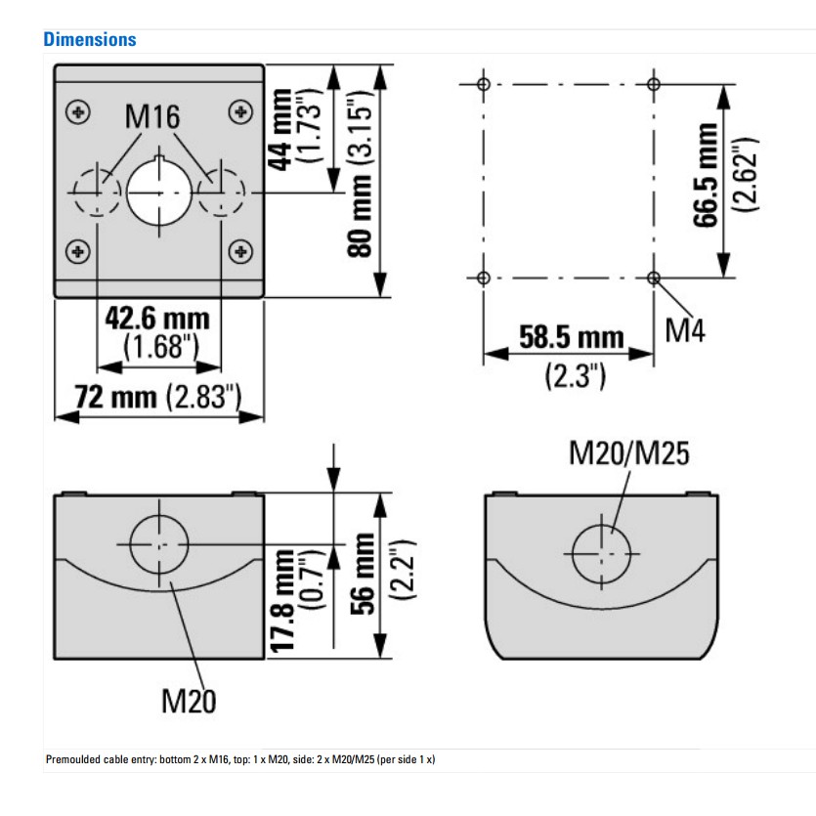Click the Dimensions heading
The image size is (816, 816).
(x=90, y=39)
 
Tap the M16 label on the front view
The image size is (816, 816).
(x=152, y=116)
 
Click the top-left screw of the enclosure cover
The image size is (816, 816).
(x=78, y=111)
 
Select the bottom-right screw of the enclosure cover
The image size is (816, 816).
(x=240, y=252)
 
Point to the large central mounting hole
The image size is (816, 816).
(x=159, y=193)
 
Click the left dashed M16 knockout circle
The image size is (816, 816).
(x=97, y=193)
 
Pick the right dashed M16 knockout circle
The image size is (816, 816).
(x=221, y=193)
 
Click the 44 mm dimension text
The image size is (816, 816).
(x=280, y=130)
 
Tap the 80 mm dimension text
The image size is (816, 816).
(x=361, y=215)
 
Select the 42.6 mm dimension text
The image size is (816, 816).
(x=157, y=319)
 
